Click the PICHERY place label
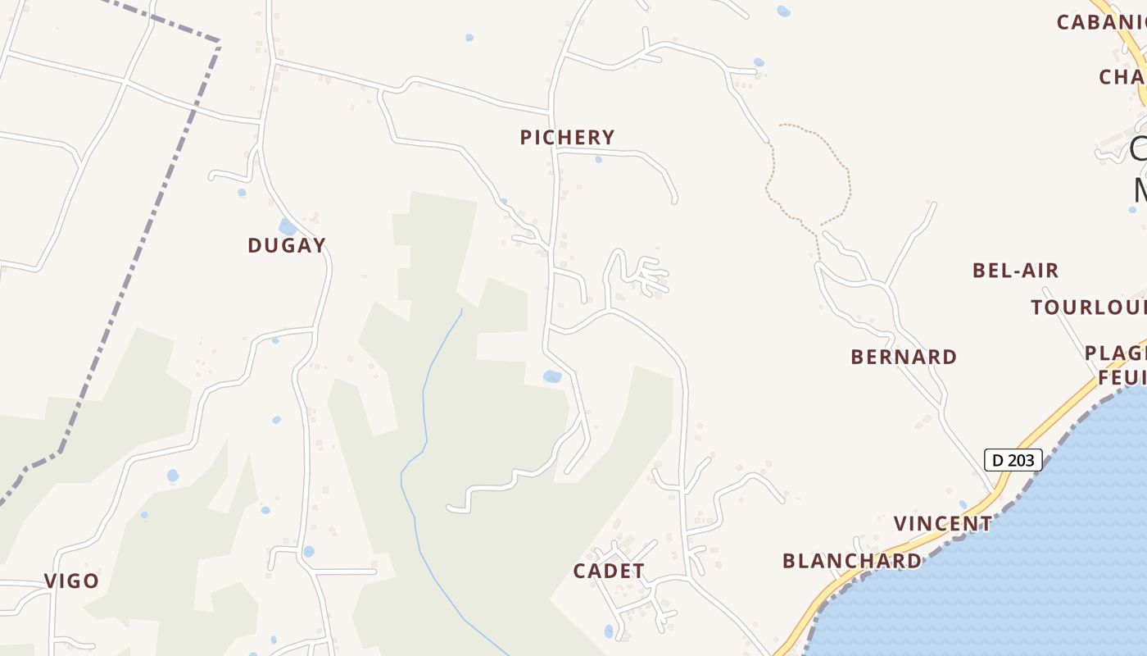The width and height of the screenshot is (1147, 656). (x=567, y=137)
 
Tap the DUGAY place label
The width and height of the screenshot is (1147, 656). (x=287, y=245)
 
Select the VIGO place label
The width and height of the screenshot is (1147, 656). (x=71, y=581)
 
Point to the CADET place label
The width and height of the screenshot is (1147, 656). (x=609, y=572)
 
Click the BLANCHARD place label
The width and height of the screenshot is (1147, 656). (x=852, y=561)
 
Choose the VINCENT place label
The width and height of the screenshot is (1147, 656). (x=942, y=524)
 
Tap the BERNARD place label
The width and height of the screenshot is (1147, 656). (x=904, y=357)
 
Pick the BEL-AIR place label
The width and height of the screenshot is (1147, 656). (x=1015, y=271)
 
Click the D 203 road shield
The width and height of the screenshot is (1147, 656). (x=1013, y=460)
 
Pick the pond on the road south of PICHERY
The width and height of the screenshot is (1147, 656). (x=552, y=376)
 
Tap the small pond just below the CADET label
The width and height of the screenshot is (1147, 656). (x=608, y=631)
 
